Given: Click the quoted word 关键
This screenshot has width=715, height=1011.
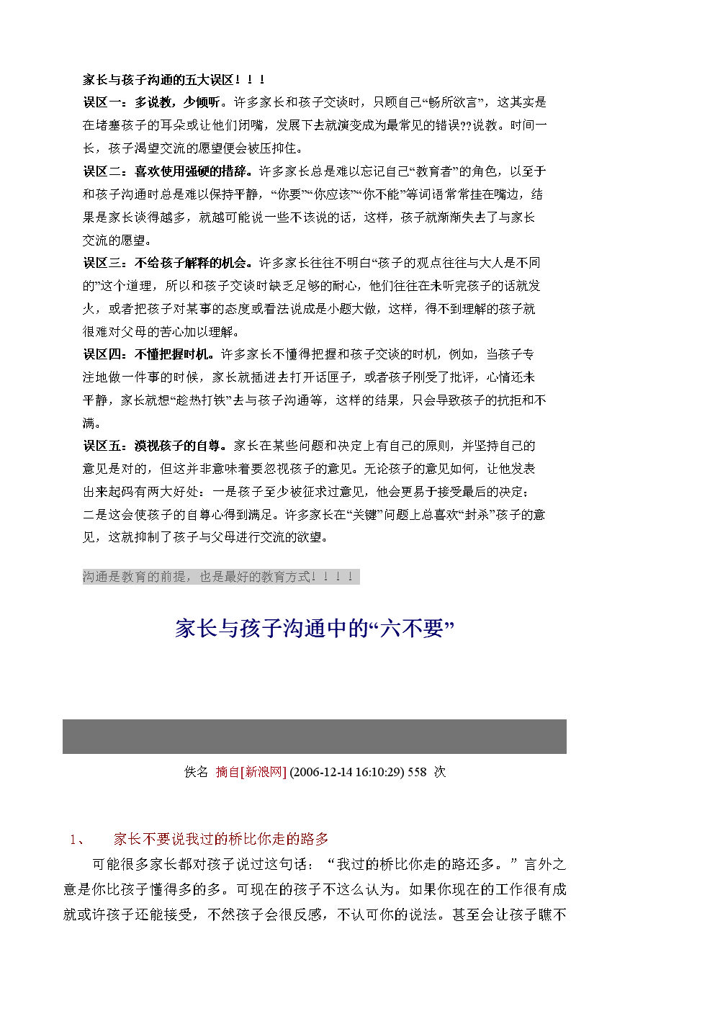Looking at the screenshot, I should [x=364, y=515].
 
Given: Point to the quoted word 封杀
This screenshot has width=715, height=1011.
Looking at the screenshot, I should [x=477, y=515].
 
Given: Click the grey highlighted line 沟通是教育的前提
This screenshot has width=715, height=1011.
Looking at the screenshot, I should [x=220, y=577].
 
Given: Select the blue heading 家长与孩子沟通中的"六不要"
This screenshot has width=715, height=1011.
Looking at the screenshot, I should [x=315, y=629].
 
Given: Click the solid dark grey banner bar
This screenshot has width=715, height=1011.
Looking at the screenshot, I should [x=314, y=736].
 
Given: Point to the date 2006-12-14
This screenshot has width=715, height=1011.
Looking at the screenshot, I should [x=319, y=772].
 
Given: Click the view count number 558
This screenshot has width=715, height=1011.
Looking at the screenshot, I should [x=417, y=772].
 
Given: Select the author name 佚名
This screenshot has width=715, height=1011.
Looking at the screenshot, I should [x=196, y=772].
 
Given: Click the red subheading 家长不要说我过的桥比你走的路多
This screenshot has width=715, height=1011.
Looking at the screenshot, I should [x=221, y=839].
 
